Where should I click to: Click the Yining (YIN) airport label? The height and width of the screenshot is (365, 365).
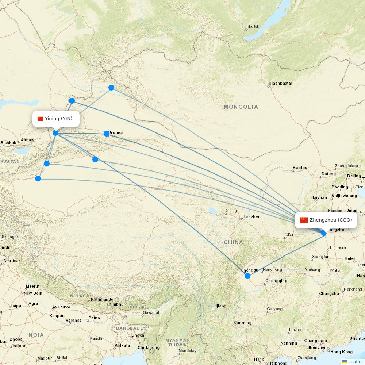pyautogui.click(x=58, y=118)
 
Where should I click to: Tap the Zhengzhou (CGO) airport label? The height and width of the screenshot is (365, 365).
pyautogui.click(x=331, y=220)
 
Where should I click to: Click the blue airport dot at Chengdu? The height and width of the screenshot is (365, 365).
pyautogui.click(x=247, y=276)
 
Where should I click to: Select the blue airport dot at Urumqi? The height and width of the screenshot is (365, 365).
pyautogui.click(x=107, y=134)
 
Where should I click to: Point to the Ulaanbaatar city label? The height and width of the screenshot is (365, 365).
pyautogui.click(x=280, y=83)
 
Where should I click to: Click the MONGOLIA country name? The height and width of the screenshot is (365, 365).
pyautogui.click(x=241, y=107)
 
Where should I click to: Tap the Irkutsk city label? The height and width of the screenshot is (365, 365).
pyautogui.click(x=253, y=26)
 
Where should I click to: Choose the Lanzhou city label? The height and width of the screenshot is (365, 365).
pyautogui.click(x=252, y=217)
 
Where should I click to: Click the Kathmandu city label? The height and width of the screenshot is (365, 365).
pyautogui.click(x=103, y=299)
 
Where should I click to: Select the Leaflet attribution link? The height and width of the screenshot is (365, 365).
pyautogui.click(x=355, y=361)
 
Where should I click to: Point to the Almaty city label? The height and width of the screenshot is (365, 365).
pyautogui.click(x=27, y=140)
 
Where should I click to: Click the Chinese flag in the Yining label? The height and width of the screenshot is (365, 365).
pyautogui.click(x=41, y=119)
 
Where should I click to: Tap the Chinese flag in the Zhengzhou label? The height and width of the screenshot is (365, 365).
pyautogui.click(x=304, y=220)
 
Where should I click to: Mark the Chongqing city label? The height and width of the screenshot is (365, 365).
pyautogui.click(x=276, y=281)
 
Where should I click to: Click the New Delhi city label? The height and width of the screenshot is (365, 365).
pyautogui.click(x=34, y=293)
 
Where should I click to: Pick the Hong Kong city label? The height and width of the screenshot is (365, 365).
pyautogui.click(x=341, y=352)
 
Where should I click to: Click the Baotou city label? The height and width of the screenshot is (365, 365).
pyautogui.click(x=300, y=168)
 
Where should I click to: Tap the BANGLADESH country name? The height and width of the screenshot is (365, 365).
pyautogui.click(x=133, y=328)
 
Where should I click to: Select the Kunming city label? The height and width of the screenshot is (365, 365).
pyautogui.click(x=242, y=323)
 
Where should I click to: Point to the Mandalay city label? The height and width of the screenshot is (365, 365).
pyautogui.click(x=187, y=351)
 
